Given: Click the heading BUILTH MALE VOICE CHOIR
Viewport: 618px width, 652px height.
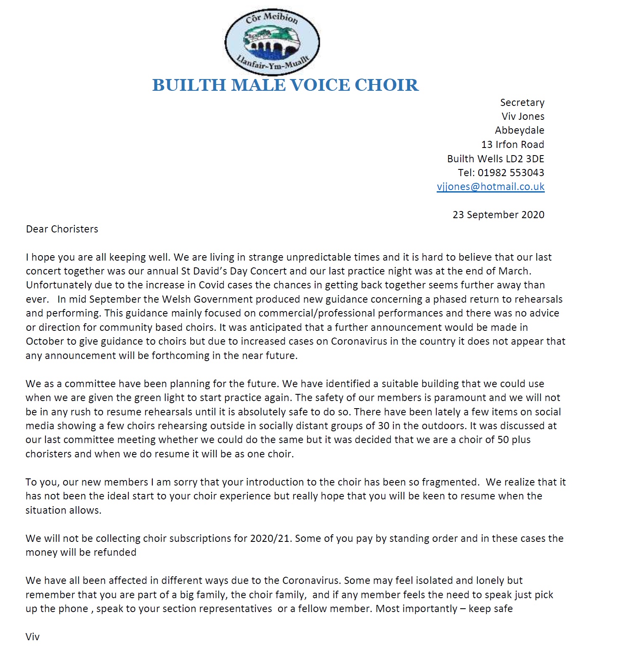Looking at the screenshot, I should (x=285, y=85).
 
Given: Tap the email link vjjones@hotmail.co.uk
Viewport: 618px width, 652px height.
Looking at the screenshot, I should (x=491, y=187).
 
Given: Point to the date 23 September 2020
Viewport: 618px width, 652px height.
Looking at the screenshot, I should (x=498, y=215).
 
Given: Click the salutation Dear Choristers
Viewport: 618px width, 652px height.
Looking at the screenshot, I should (x=62, y=229).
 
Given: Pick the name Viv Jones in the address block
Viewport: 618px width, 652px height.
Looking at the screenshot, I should (x=523, y=116).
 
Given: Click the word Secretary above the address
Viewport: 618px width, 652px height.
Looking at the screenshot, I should (x=522, y=103).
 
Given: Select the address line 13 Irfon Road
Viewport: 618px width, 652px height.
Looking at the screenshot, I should (x=512, y=145).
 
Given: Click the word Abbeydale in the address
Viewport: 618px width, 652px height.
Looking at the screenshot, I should (x=519, y=130).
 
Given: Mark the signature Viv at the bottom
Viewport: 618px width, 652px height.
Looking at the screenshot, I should (x=32, y=636).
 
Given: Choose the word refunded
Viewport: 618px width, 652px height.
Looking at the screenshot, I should (x=114, y=552).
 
